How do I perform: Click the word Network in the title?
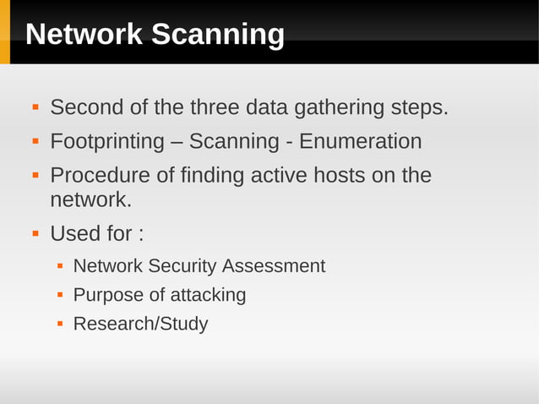coord(83,35)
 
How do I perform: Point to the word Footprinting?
coord(106,141)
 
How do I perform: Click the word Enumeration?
coord(360,141)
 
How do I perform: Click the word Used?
coord(78,232)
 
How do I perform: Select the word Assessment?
coord(274,266)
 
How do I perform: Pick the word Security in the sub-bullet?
coord(182,266)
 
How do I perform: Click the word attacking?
coord(208,295)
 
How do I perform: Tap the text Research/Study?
coord(140,324)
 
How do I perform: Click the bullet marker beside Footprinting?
coord(35,141)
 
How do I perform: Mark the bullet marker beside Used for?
coord(35,232)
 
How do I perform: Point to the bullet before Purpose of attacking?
coord(60,295)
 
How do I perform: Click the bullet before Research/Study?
coord(60,324)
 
